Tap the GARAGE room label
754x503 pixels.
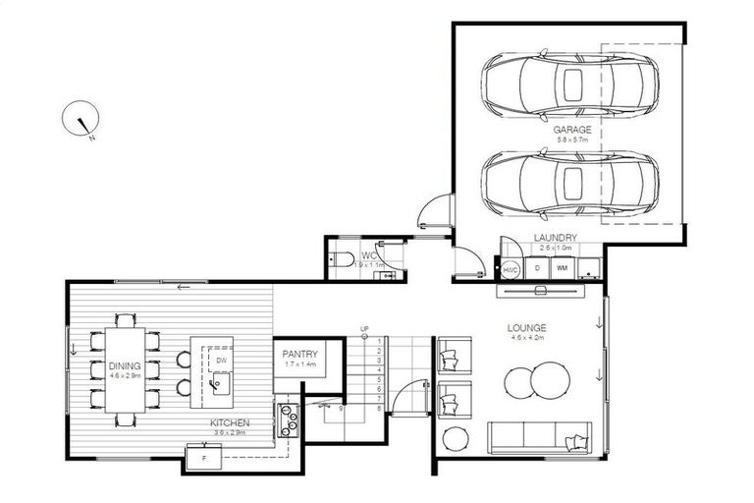(571, 130)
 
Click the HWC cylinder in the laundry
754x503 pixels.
(511, 269)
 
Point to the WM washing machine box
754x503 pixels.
(562, 267)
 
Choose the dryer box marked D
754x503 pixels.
(537, 267)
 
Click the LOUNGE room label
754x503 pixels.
(527, 328)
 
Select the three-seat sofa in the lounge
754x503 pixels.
(540, 437)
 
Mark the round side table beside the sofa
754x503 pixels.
(457, 437)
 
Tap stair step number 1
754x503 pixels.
(380, 341)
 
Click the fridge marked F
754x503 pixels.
(205, 458)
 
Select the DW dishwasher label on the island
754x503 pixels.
(220, 360)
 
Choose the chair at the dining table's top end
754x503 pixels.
(125, 319)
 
